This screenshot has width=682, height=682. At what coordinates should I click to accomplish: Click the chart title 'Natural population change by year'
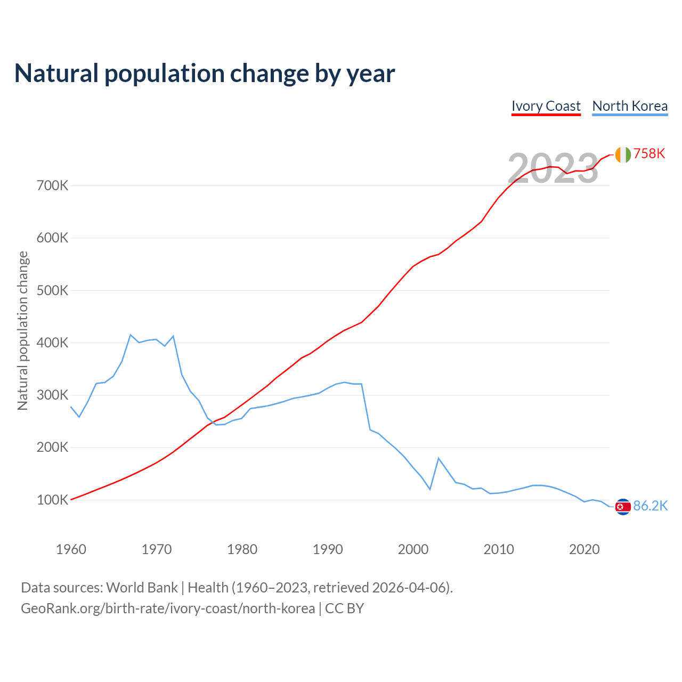[205, 74]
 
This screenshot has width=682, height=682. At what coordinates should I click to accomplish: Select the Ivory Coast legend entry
[546, 106]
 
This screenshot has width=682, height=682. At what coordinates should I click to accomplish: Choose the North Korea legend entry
[630, 106]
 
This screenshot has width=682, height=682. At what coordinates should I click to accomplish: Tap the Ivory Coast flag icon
[623, 155]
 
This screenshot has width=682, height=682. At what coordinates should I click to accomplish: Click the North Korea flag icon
[623, 507]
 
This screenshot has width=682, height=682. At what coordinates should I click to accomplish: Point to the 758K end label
[649, 154]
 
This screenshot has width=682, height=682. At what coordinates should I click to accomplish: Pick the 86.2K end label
[650, 506]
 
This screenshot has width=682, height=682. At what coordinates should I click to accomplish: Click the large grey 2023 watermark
[553, 169]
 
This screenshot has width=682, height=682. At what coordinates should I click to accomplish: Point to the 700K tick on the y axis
[53, 186]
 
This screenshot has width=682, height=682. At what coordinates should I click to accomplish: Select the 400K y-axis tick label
[53, 343]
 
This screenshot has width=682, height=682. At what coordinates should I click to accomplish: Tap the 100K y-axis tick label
[53, 500]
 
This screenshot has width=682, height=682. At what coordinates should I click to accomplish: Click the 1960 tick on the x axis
[71, 549]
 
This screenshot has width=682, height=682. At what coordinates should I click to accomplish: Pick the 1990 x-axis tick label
[328, 549]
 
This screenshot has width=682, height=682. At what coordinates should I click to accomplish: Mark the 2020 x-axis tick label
[584, 549]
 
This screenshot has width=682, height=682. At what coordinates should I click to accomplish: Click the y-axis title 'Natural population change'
[23, 330]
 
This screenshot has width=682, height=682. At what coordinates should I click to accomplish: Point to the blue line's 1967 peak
[131, 335]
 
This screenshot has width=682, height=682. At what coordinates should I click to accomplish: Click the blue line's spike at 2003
[439, 458]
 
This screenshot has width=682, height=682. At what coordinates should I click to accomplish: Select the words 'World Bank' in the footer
[142, 588]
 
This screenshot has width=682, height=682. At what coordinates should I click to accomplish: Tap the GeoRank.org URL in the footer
[168, 608]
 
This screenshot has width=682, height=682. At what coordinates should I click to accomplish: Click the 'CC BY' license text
[344, 608]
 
